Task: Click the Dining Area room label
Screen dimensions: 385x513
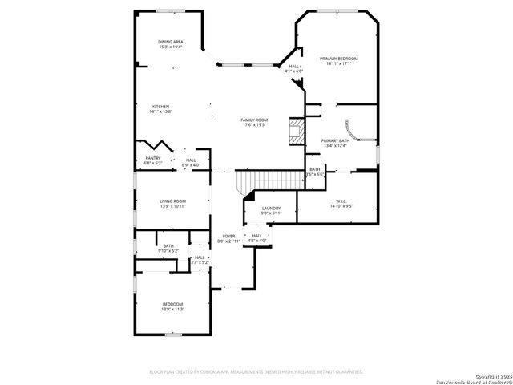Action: tap(169, 44)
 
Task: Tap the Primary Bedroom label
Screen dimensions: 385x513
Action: tap(338, 61)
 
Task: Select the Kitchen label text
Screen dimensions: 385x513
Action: tap(161, 109)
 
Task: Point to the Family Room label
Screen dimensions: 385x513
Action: tap(254, 122)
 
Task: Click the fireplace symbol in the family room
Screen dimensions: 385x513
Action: tap(297, 132)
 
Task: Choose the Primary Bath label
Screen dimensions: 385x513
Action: tap(334, 143)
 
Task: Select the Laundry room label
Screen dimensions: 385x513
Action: tap(272, 210)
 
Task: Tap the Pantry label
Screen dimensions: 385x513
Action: tap(153, 160)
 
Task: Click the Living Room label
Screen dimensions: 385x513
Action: tap(172, 204)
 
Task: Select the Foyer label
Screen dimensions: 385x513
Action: tap(229, 238)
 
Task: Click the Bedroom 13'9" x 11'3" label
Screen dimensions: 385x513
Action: tap(172, 306)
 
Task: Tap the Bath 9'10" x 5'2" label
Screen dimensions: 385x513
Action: tap(168, 249)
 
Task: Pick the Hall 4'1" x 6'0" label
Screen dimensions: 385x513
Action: tap(294, 69)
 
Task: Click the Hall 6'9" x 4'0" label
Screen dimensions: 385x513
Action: tap(191, 162)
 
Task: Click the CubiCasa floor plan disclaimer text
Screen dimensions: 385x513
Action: tap(256, 372)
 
